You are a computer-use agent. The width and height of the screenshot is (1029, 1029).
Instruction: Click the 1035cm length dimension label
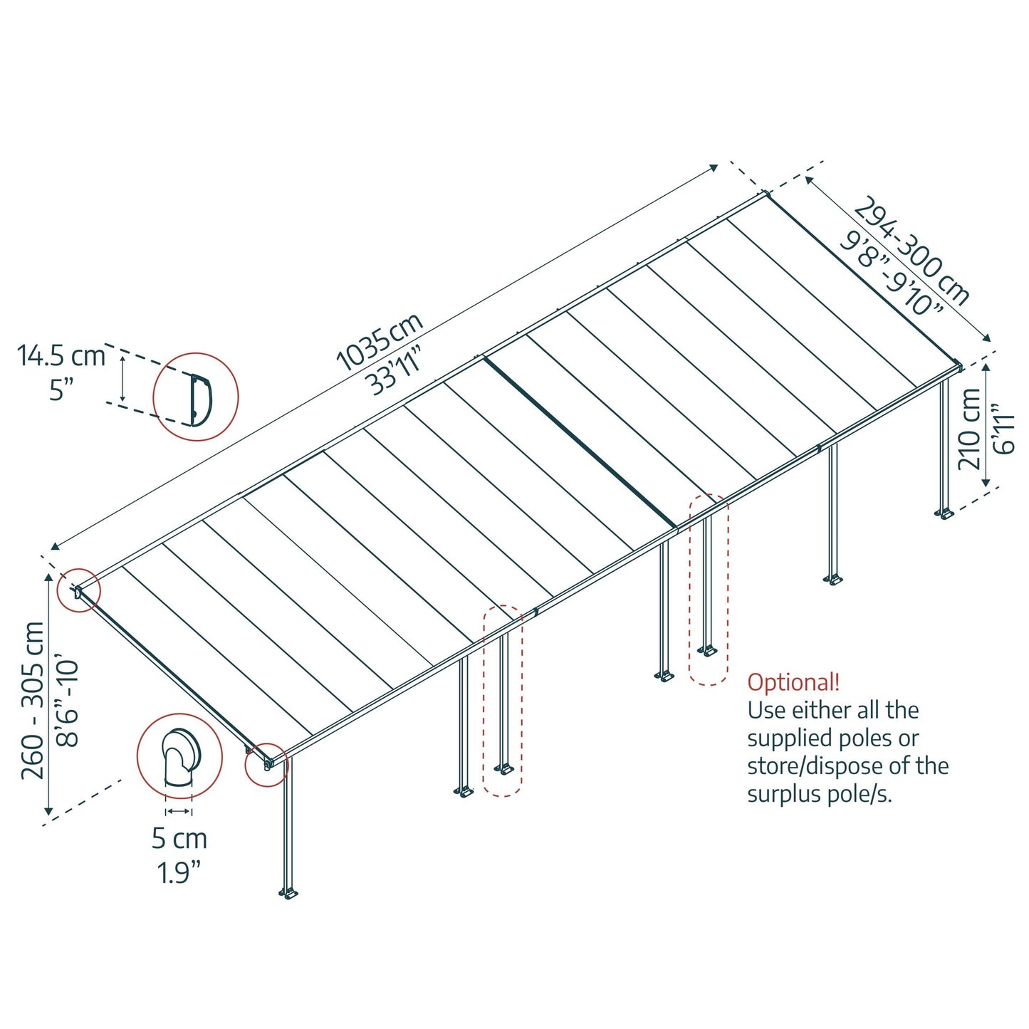pos(379,342)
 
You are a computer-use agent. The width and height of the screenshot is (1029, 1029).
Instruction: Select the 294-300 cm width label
pos(912,250)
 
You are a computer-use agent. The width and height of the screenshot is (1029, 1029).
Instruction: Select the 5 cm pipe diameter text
pos(179,838)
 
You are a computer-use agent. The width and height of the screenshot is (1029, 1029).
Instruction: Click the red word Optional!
pos(793,682)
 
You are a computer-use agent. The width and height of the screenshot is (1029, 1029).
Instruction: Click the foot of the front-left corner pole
pos(288,893)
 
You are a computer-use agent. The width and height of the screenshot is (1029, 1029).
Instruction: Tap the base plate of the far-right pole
pos(945,513)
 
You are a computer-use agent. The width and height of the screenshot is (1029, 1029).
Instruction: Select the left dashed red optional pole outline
pos(503,701)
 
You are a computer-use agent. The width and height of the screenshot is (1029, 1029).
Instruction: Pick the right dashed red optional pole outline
pos(709,590)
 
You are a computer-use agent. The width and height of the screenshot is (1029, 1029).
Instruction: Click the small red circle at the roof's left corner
pos(78,590)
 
